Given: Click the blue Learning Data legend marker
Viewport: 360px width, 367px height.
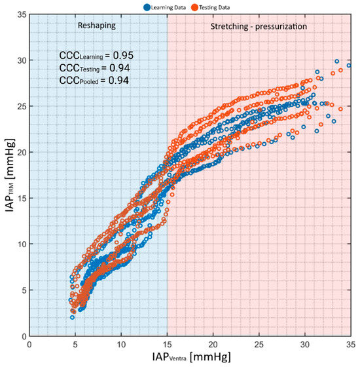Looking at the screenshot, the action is tap(147, 7).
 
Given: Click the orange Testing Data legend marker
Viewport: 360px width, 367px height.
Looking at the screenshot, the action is tap(194, 7).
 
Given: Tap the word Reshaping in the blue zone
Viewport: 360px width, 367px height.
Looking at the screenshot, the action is tap(97, 26).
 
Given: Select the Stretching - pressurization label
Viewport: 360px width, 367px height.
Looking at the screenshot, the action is tap(259, 26).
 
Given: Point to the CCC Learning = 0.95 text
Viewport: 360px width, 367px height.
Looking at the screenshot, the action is tap(96, 56).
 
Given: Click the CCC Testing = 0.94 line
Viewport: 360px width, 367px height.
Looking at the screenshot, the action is tap(94, 68).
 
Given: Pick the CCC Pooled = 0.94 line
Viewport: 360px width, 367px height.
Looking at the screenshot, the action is tap(94, 81).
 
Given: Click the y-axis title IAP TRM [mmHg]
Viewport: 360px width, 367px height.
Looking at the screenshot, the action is tap(10, 176).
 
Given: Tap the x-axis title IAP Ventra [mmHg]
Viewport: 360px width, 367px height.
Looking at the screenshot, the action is tap(191, 357).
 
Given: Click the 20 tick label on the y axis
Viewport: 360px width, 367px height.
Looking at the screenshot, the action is tap(22, 152).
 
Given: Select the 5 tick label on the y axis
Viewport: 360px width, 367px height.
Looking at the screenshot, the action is tap(24, 290).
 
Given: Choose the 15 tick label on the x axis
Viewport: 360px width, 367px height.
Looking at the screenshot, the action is tap(167, 345).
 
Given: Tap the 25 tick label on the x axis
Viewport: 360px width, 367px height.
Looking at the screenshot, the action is tap(259, 345).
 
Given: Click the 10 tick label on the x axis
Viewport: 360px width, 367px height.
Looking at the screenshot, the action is tap(121, 345).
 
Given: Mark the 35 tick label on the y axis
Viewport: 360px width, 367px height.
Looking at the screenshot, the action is tap(22, 14).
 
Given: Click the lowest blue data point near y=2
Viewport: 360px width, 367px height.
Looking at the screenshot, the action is tap(72, 318).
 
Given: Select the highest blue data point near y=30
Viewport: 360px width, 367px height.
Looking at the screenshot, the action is tap(337, 62).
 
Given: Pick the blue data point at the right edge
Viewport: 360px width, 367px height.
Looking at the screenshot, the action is tap(349, 66).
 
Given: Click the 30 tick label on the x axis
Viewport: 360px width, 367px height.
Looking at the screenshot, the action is tap(305, 345).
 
